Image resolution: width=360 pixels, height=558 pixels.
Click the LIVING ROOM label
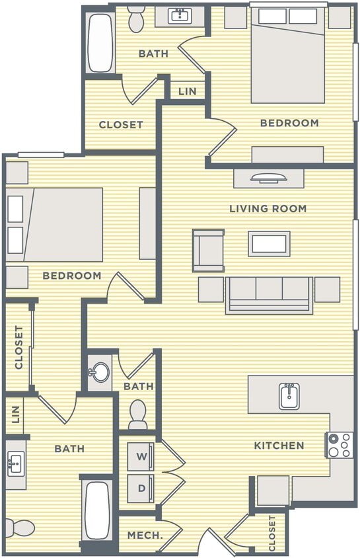click(x=268, y=209)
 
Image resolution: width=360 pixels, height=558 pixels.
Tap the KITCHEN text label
click(x=279, y=446)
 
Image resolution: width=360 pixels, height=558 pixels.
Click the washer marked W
click(x=141, y=456)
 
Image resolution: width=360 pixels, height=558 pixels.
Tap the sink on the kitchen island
click(x=289, y=396)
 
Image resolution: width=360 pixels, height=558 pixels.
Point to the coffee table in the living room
click(x=269, y=243)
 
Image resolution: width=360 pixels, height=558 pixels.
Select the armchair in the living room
click(x=208, y=250)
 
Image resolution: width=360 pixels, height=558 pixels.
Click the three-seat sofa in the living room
click(x=269, y=294)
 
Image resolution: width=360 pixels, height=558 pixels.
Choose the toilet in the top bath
click(x=137, y=19)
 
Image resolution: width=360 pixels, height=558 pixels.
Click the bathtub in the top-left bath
click(x=101, y=43)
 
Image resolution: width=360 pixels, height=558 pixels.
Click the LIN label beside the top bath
click(x=187, y=91)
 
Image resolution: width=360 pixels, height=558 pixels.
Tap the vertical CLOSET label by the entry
click(x=272, y=534)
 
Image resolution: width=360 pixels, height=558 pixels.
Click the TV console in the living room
click(x=268, y=178)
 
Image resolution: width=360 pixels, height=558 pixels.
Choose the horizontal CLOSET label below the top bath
click(x=121, y=124)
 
